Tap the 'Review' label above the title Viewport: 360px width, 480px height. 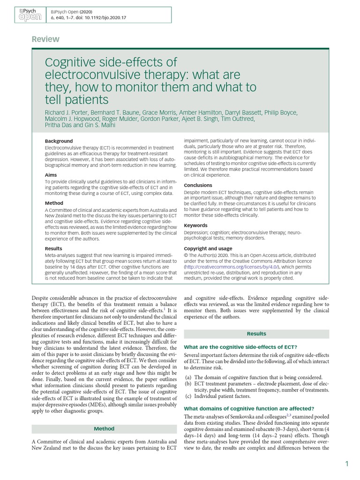coord(45,39)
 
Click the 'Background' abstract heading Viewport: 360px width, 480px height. coord(59,141)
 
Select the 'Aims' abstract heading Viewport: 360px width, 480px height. coord(51,174)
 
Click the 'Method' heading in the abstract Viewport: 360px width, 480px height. coord(53,203)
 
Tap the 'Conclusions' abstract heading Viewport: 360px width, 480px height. coord(198,185)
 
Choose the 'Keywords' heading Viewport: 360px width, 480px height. coord(195,225)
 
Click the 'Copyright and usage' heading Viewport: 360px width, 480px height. coord(208,248)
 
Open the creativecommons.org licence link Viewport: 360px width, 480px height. coord(233,266)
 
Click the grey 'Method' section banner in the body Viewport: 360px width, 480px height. coord(104,428)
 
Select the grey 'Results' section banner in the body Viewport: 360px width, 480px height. coord(256,334)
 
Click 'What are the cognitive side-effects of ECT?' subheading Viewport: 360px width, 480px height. coord(240,347)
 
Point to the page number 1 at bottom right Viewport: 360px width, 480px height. coord(347,464)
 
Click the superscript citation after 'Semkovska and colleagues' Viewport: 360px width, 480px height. coord(289,415)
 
